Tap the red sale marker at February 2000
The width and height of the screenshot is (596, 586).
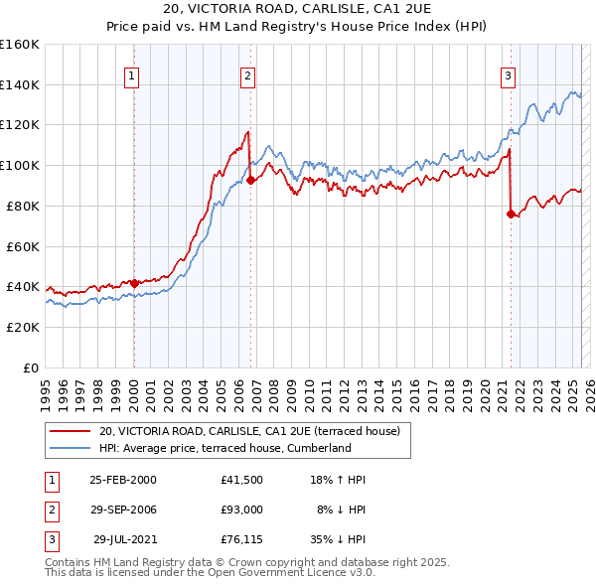point(134,283)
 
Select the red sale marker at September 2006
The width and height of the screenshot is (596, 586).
point(250,180)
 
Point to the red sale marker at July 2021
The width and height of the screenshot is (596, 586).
point(512,214)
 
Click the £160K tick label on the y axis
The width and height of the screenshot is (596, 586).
point(20,45)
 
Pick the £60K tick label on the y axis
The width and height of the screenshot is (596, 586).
point(24,246)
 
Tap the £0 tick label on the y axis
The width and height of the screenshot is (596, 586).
point(32,367)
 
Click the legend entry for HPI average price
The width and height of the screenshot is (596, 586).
point(225,448)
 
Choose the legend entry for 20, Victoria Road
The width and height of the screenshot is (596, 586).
point(248,431)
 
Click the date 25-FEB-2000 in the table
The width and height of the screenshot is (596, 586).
point(123,480)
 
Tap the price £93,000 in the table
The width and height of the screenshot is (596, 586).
point(242,510)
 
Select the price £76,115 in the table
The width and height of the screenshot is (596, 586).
point(242,539)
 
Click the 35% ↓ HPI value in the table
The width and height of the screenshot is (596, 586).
point(340,539)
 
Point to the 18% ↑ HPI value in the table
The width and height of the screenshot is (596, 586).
point(340,480)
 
